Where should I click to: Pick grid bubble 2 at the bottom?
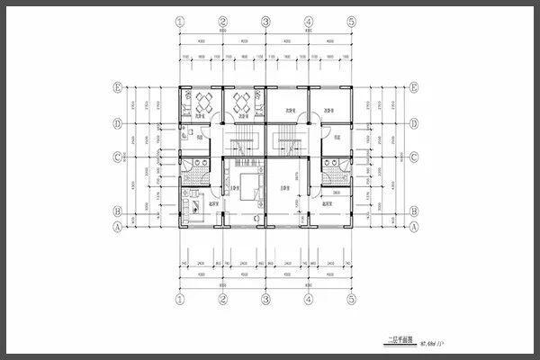click(x=222, y=298)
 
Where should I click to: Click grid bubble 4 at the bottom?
click(x=309, y=298)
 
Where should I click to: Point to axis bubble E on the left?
click(x=117, y=87)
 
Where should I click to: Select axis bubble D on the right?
click(x=413, y=123)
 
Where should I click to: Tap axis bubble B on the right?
click(x=413, y=212)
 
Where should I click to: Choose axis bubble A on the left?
click(x=117, y=227)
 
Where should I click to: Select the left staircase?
click(x=241, y=144)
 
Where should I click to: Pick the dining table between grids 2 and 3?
click(x=243, y=100)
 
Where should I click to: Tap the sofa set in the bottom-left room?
click(x=191, y=209)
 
